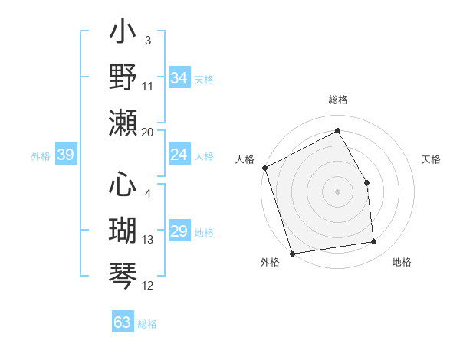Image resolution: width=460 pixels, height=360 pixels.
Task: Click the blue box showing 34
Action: click(x=179, y=78)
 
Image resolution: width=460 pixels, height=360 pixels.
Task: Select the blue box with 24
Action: click(x=179, y=155)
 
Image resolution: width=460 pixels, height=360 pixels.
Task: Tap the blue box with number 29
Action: click(x=179, y=232)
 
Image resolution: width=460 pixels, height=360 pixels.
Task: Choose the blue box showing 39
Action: click(x=65, y=155)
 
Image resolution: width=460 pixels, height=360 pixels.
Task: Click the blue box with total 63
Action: click(x=123, y=322)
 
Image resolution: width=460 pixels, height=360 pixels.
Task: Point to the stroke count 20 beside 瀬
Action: click(x=148, y=132)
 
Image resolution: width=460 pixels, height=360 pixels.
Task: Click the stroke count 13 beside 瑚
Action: click(x=148, y=240)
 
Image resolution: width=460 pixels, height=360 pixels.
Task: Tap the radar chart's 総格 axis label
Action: click(x=337, y=100)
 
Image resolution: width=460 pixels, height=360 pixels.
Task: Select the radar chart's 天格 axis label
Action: click(x=431, y=159)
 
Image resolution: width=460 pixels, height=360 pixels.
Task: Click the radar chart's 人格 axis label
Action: click(x=245, y=159)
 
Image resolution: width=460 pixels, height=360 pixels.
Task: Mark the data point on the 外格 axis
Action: click(x=292, y=254)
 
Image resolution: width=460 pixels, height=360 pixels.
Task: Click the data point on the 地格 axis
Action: click(x=374, y=242)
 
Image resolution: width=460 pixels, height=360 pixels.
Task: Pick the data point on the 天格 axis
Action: click(x=366, y=182)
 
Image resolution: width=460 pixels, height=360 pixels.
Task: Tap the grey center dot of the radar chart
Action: click(x=337, y=191)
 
